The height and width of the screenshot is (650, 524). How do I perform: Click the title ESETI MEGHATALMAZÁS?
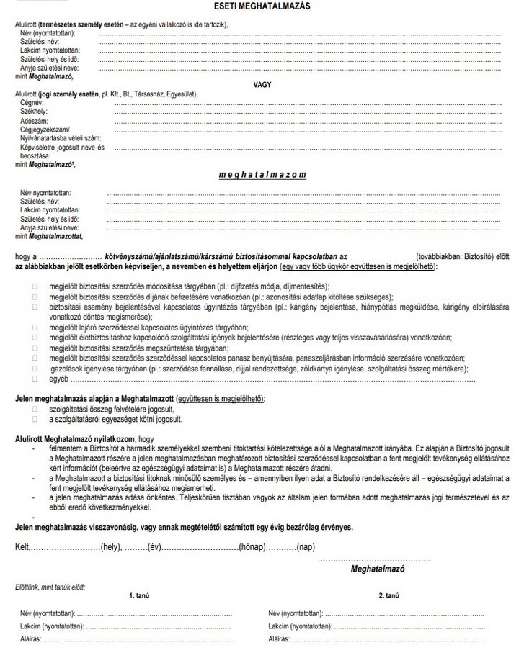click(x=262, y=6)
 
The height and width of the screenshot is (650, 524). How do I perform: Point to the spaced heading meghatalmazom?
click(x=262, y=174)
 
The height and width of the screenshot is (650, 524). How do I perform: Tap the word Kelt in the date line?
click(x=23, y=548)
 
